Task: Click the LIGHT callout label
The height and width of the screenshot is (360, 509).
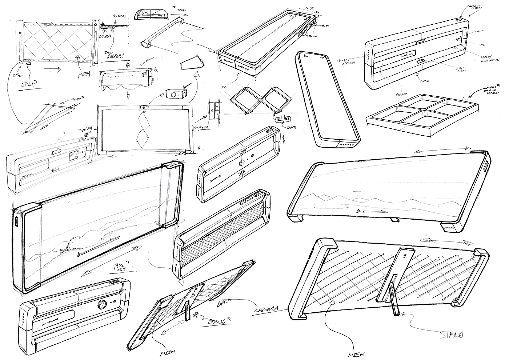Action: pos(480,32)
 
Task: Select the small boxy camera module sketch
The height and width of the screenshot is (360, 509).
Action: pos(174,93)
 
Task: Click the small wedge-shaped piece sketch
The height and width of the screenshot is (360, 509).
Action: pos(193,64)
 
